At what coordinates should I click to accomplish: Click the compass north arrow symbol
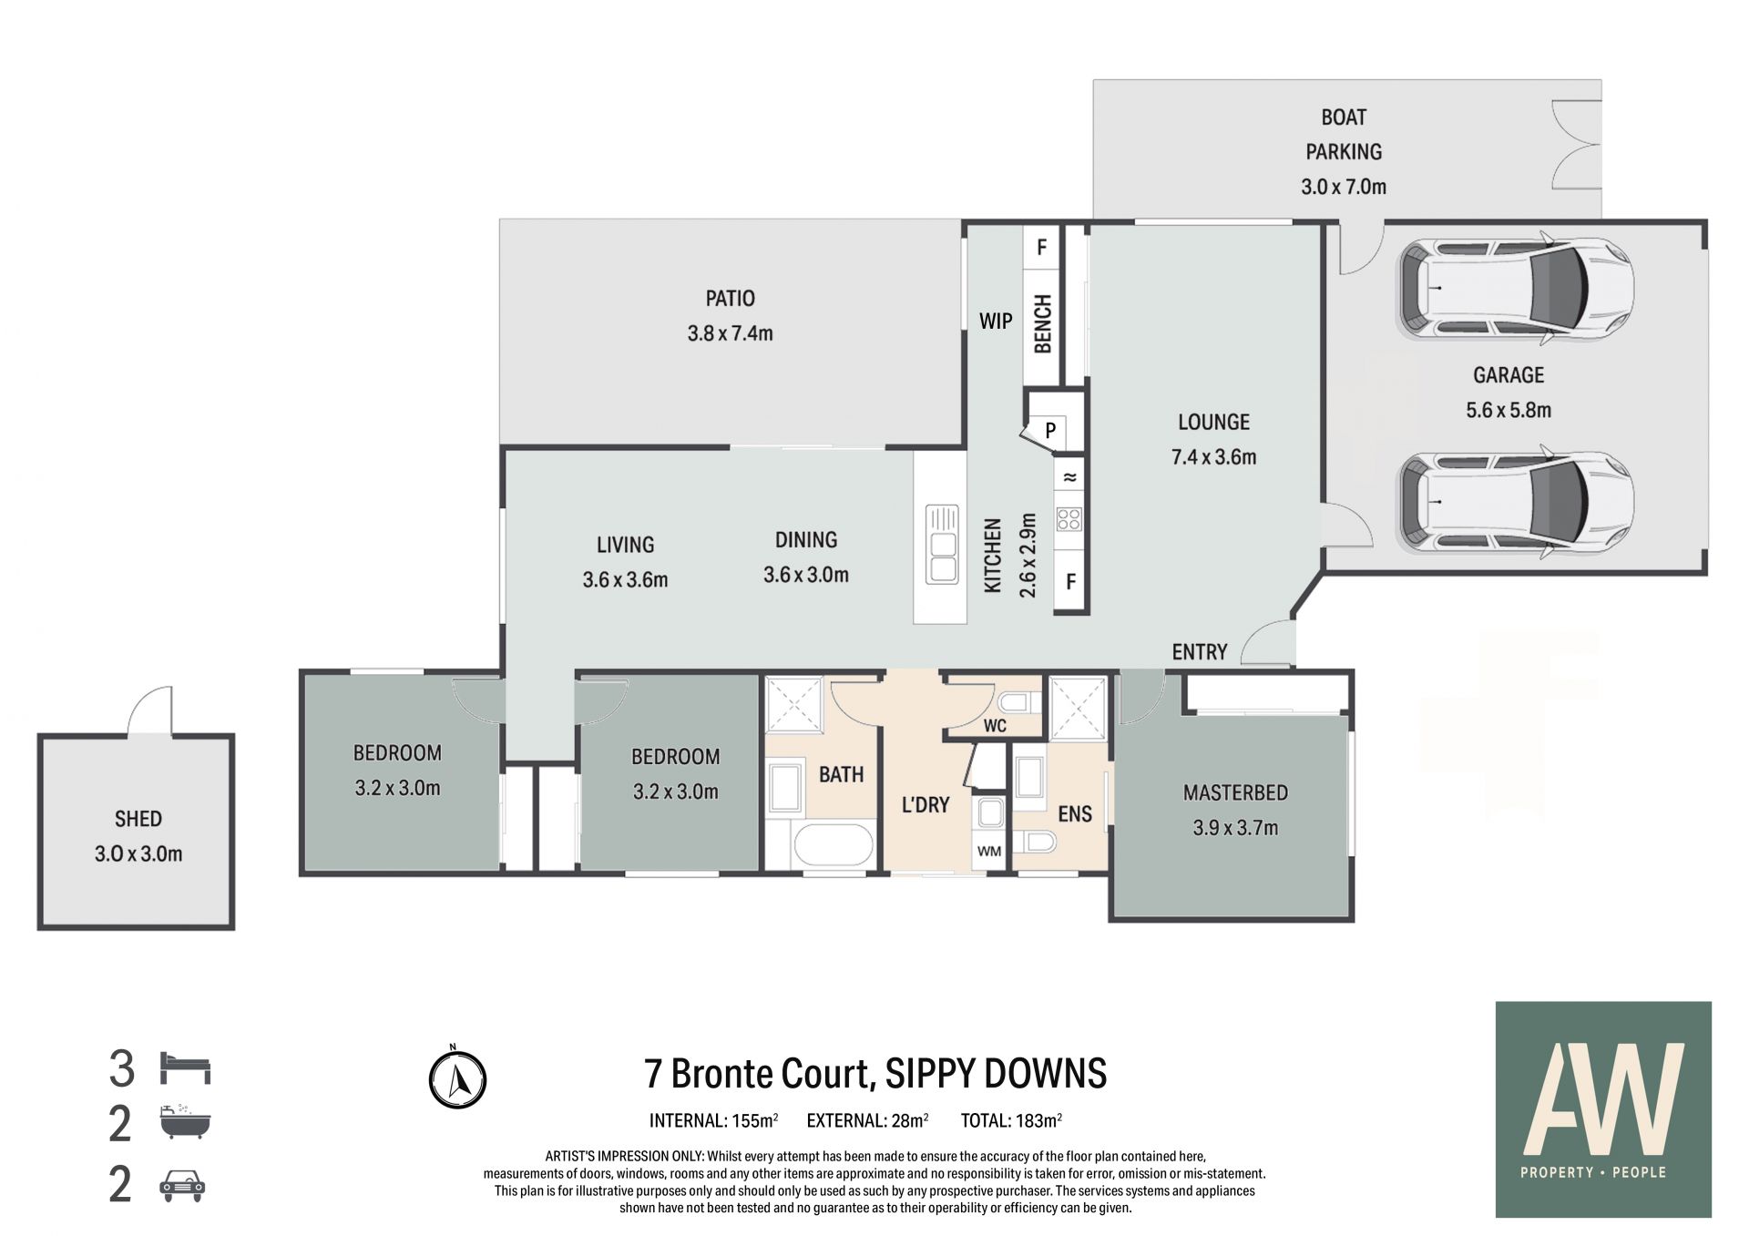coord(457,1079)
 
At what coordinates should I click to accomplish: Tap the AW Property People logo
coord(1603,1109)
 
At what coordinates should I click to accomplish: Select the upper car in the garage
coord(1515,288)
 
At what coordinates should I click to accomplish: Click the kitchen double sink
coord(942,544)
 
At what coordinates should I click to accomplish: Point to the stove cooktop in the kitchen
coord(1069,520)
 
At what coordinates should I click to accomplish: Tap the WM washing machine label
coord(989,852)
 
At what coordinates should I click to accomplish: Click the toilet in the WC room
coord(1018,702)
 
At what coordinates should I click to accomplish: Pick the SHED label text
coord(138,819)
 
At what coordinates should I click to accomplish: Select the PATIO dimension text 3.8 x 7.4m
coord(730,333)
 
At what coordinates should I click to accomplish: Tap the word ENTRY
coord(1200,652)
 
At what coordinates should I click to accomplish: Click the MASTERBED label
coord(1235,792)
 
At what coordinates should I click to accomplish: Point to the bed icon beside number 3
coord(185,1067)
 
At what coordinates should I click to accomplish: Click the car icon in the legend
coord(182,1185)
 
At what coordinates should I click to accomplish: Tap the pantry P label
coord(1050,430)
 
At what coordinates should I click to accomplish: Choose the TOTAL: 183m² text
coord(1011,1120)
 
